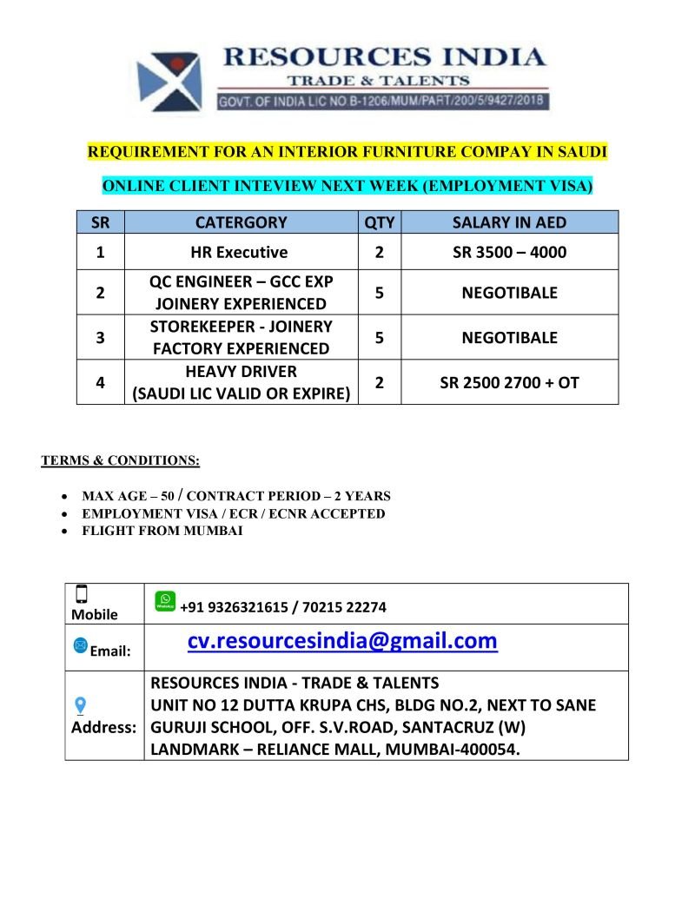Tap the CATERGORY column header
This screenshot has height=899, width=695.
241,222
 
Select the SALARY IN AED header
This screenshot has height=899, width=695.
509,222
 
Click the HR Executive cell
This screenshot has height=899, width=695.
239,253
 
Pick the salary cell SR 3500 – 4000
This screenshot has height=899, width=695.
509,253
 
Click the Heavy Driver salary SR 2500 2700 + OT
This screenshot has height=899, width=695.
509,382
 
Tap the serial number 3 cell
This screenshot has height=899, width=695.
102,338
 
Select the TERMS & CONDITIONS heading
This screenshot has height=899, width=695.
121,460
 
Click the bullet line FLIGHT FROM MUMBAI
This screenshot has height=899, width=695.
162,531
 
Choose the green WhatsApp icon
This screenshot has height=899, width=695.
164,600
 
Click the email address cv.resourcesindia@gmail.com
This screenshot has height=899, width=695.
342,641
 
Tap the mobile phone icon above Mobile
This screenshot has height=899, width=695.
82,594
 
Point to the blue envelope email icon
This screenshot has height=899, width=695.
81,645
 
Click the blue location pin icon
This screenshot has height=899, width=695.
81,705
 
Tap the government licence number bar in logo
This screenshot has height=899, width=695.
381,102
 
